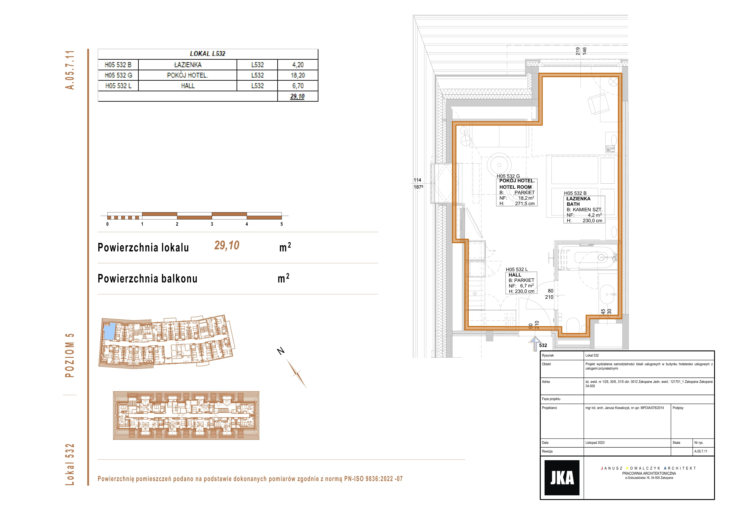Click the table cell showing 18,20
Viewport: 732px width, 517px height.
coord(298,75)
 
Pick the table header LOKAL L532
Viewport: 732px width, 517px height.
coord(208,53)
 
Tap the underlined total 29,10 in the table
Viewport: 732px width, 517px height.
coord(297,96)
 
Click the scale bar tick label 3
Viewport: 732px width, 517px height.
coord(212,224)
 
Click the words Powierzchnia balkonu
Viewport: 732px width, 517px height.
coord(147,279)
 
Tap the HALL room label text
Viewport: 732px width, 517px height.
coord(515,275)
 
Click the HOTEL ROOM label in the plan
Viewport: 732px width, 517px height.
coord(516,187)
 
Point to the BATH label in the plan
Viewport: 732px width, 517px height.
coord(573,204)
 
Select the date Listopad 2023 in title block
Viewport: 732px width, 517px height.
coord(595,443)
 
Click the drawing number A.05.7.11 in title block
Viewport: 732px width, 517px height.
coord(701,451)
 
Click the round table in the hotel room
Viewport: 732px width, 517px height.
coord(499,165)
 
